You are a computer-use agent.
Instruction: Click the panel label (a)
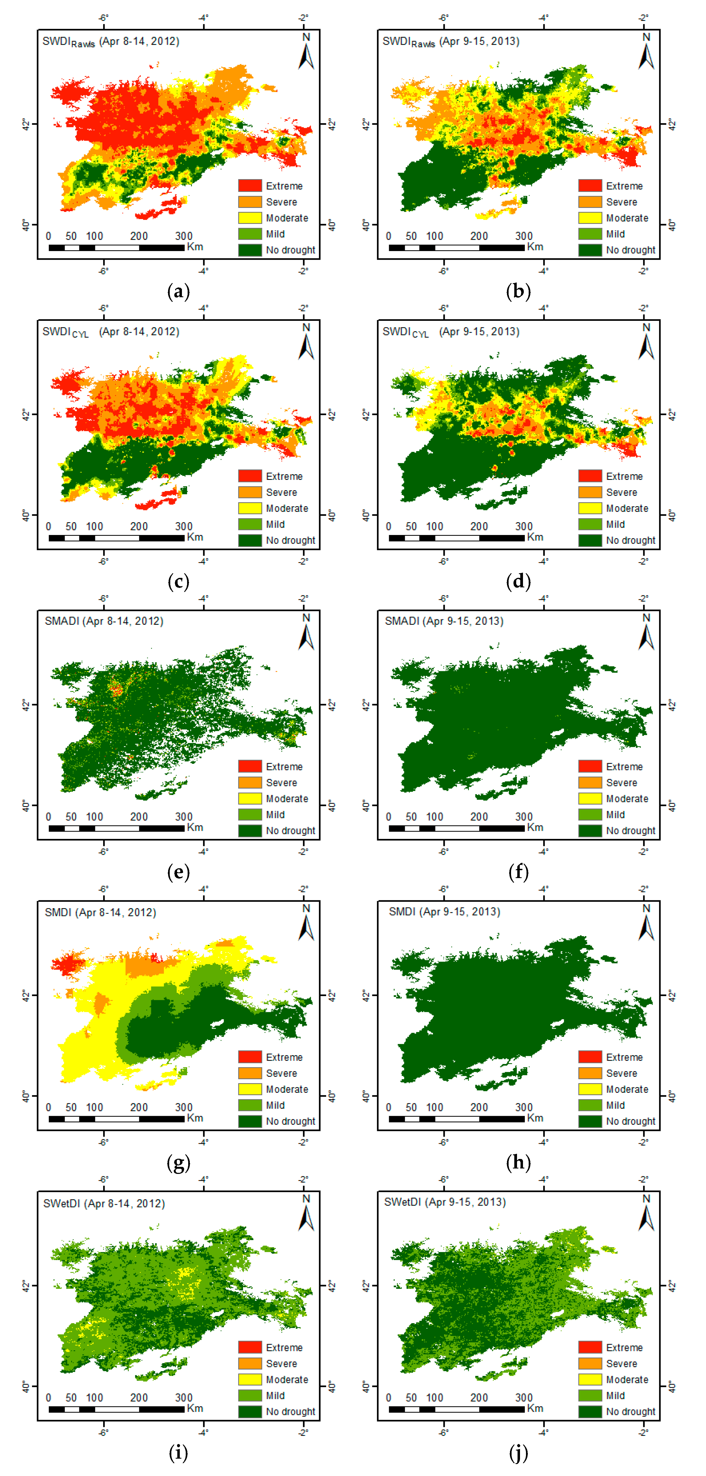coord(178,292)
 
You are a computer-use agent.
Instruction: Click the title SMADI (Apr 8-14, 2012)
coord(104,621)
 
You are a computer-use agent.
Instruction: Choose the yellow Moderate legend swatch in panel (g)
coord(250,1089)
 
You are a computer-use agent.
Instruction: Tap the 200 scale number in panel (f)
coord(479,816)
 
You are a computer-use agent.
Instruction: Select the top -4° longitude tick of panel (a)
coord(203,18)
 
